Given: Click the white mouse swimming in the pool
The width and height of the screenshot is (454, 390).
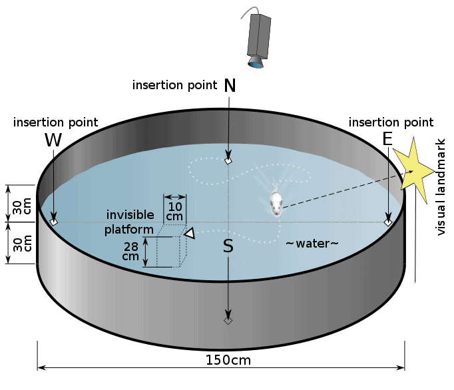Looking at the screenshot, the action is tap(276, 204).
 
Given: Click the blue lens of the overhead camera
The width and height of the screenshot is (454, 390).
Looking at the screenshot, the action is tap(256, 64).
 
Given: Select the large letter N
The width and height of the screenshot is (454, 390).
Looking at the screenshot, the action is tap(230, 85).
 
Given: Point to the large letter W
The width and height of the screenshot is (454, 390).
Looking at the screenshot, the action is tap(53, 140).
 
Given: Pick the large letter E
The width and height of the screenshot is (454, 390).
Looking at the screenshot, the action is tap(387, 139).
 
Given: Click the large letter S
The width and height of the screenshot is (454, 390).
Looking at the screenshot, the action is tap(228, 246).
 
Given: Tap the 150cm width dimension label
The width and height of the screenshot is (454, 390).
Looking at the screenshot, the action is tap(228, 360).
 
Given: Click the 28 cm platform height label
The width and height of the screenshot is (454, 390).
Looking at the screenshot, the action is tap(131, 252).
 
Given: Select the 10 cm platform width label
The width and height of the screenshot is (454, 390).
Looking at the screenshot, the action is tap(174, 212).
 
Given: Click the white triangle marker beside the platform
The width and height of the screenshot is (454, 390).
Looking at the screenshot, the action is tap(190, 234).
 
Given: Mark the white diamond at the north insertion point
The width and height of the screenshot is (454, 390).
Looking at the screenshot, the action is tap(228, 160).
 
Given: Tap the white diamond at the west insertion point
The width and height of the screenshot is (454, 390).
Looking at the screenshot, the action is tap(54, 222).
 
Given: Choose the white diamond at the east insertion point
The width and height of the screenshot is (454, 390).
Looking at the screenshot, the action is tap(388, 222).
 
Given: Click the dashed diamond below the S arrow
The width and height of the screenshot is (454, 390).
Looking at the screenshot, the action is tap(228, 321).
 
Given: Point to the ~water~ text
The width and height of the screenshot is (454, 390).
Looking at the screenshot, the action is tap(312, 244).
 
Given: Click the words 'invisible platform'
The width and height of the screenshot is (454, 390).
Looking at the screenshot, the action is tap(129, 222).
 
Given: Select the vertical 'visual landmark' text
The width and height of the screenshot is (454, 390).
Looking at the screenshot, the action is tap(440, 187).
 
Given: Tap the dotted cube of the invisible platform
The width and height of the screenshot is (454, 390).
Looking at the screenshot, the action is tap(172, 246).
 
